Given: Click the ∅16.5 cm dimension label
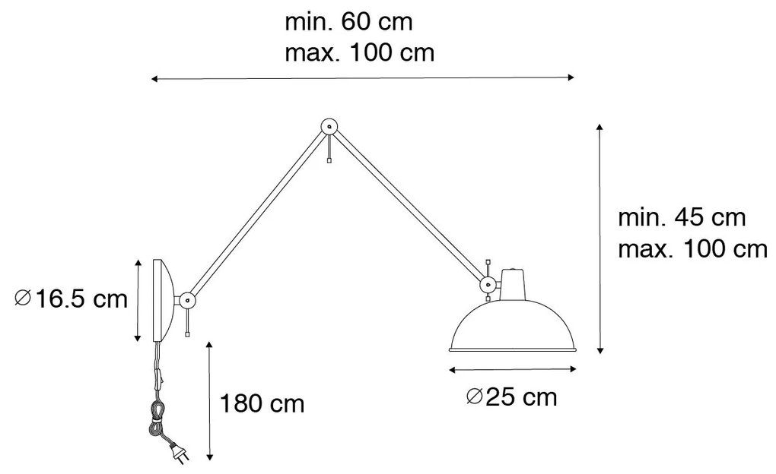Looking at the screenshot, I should pos(72,299).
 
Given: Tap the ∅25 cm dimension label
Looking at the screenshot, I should pos(510,397).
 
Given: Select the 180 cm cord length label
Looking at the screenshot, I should pos(262,403).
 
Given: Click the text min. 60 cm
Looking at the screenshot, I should pos(348,21).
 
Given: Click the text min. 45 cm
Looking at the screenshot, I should pos(681,218).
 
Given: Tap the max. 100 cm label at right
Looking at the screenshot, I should pos(692,248).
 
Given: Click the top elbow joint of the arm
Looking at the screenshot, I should pos(329,127).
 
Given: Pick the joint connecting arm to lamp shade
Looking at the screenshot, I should pos(487,284).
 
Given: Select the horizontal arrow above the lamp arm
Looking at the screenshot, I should pos(362,77).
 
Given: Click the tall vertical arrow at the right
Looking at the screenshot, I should pos(600,238).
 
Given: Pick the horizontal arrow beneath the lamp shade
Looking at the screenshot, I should pos(514,370).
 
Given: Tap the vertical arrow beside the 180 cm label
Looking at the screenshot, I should pos(210,401).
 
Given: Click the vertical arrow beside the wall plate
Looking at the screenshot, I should pos(138,299).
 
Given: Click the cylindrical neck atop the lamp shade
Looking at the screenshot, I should pos(514,284).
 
